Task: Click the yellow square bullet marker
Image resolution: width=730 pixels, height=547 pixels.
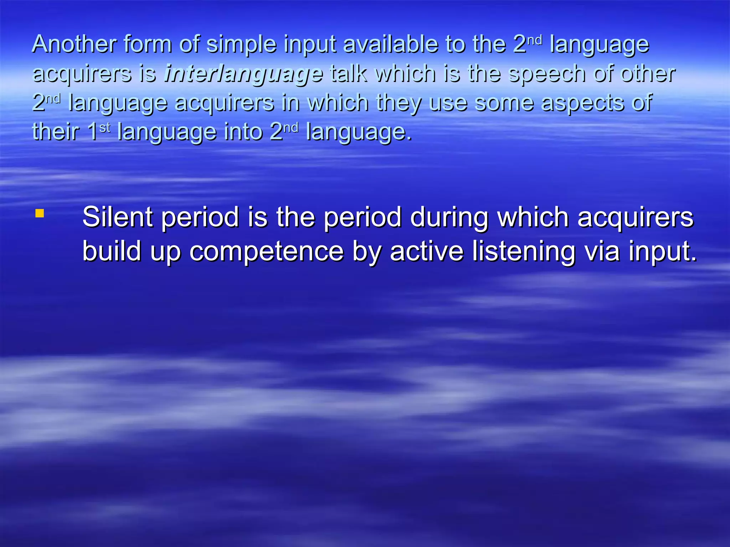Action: (40, 213)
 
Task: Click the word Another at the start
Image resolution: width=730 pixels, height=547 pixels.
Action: (74, 44)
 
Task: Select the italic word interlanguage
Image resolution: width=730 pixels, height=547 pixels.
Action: (243, 74)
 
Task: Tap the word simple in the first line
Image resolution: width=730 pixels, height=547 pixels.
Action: (242, 45)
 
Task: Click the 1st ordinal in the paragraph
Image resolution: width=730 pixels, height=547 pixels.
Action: (98, 131)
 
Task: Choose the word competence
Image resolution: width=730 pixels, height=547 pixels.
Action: (266, 252)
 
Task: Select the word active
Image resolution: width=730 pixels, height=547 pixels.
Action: (427, 251)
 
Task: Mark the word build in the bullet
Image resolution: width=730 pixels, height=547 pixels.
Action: (112, 251)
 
